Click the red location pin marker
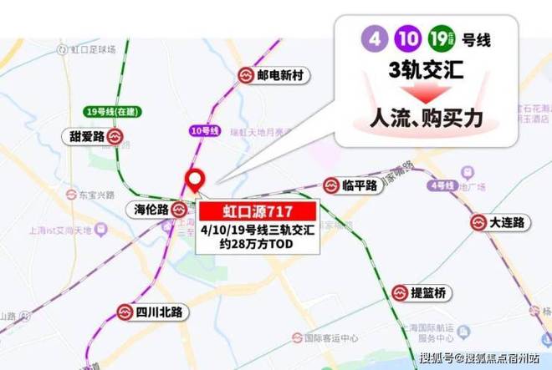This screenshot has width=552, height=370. [x=197, y=180]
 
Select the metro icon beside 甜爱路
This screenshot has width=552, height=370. [x=116, y=136]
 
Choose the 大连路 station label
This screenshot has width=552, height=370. [x=507, y=223]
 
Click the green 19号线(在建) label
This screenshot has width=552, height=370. [x=110, y=111]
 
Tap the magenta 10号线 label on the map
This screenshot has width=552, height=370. [x=204, y=131]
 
